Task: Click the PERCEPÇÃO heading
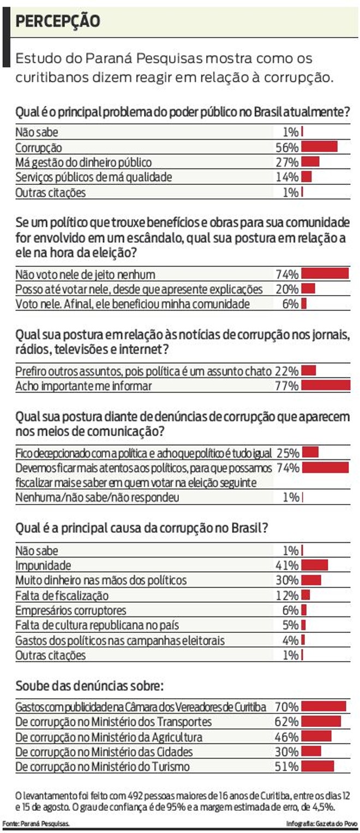[58, 21]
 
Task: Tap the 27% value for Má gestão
[287, 163]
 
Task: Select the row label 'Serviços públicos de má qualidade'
[94, 177]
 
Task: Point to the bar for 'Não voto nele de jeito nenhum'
[325, 274]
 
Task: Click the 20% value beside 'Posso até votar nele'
[287, 289]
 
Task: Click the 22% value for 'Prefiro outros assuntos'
[287, 371]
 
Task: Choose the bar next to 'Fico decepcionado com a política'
[310, 453]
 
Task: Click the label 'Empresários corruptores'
[71, 610]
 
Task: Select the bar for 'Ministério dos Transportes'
[321, 722]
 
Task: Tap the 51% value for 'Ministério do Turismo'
[287, 766]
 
